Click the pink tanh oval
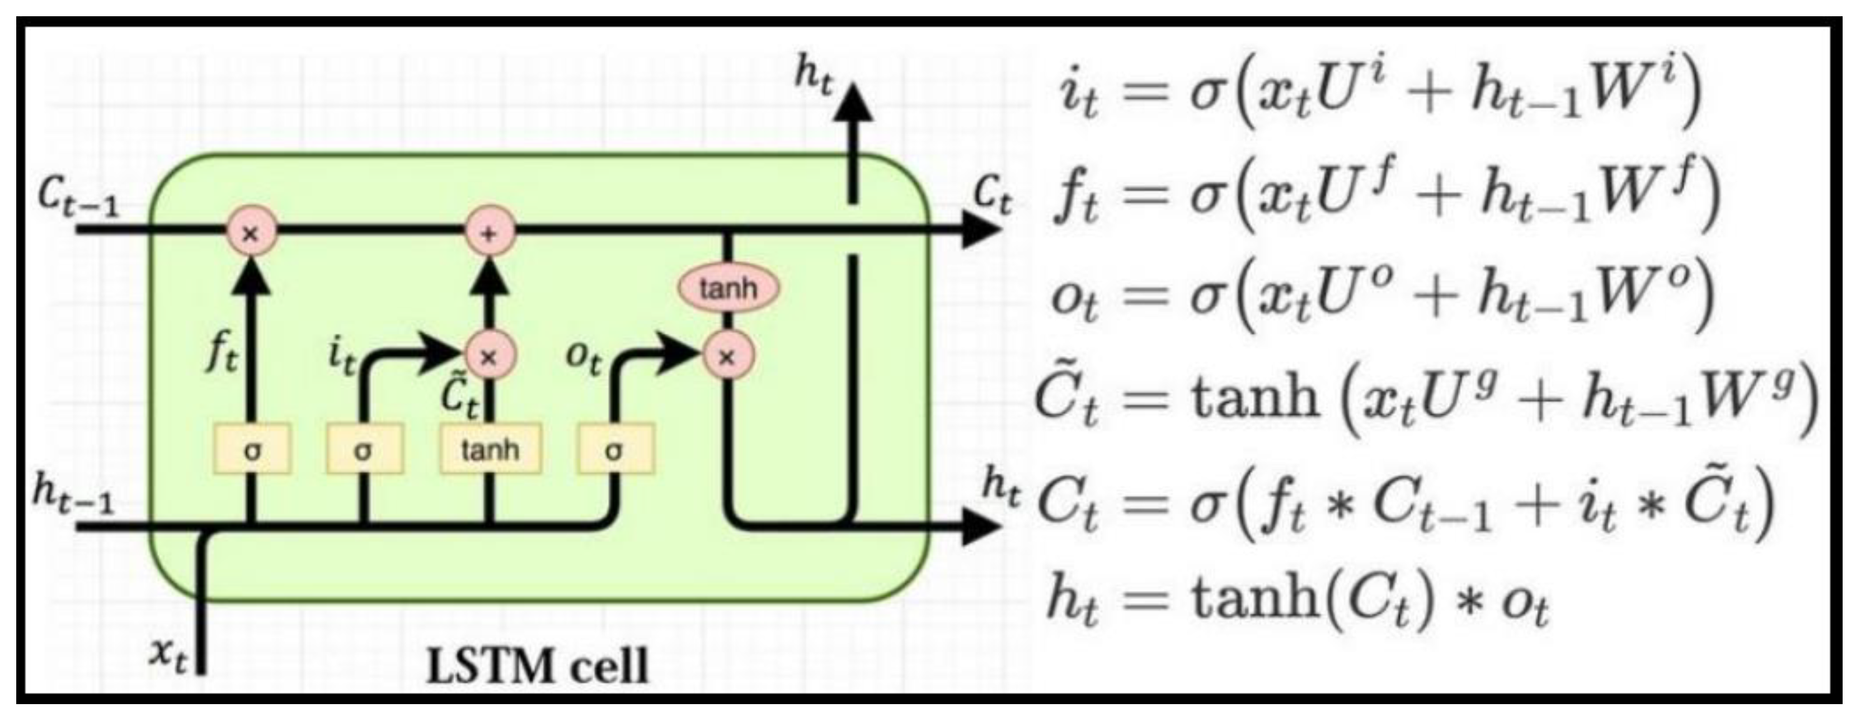point(728,289)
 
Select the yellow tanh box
point(490,450)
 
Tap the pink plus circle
point(489,233)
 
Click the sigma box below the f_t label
point(252,450)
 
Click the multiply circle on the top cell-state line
point(251,233)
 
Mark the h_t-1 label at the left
point(72,495)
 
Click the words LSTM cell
point(537,665)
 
